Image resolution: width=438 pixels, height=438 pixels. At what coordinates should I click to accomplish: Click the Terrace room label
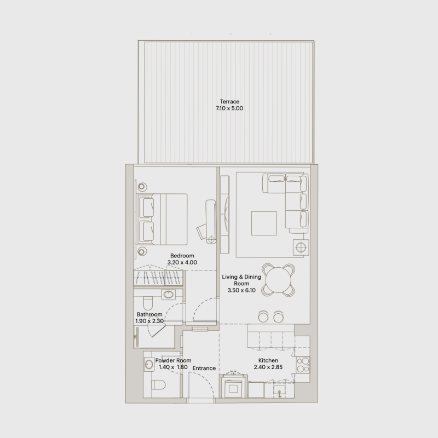pyautogui.click(x=229, y=102)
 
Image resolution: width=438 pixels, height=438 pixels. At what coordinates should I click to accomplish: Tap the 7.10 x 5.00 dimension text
pyautogui.click(x=229, y=108)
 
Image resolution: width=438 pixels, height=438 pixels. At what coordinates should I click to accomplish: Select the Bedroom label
pyautogui.click(x=182, y=256)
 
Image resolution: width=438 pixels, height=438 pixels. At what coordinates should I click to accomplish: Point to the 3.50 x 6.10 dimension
pyautogui.click(x=241, y=290)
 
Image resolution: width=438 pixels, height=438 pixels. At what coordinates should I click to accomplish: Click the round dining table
pyautogui.click(x=278, y=280)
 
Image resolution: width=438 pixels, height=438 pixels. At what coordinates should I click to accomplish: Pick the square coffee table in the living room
pyautogui.click(x=264, y=223)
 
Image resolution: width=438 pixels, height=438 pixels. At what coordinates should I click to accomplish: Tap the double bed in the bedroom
pyautogui.click(x=162, y=219)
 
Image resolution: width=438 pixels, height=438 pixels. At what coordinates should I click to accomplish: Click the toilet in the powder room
pyautogui.click(x=158, y=384)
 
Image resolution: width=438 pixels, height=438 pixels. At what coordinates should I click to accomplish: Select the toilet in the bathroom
pyautogui.click(x=148, y=303)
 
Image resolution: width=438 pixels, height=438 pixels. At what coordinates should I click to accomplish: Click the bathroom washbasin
pyautogui.click(x=169, y=295)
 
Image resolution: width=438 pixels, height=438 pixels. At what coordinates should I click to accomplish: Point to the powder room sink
pyautogui.click(x=149, y=365)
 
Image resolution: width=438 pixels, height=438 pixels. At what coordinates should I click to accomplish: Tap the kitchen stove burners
pyautogui.click(x=303, y=365)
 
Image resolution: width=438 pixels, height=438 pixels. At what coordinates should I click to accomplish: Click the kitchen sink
pyautogui.click(x=279, y=390)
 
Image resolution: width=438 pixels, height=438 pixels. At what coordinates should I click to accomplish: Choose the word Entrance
pyautogui.click(x=204, y=368)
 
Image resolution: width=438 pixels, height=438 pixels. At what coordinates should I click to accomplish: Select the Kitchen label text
pyautogui.click(x=268, y=360)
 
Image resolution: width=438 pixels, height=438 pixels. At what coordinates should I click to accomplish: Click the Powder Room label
pyautogui.click(x=173, y=360)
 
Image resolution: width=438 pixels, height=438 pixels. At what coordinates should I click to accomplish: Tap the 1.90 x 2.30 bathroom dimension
pyautogui.click(x=149, y=321)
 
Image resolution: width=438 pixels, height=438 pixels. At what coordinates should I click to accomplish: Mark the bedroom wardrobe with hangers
pyautogui.click(x=158, y=278)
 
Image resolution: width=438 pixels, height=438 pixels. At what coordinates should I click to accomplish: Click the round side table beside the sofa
pyautogui.click(x=301, y=247)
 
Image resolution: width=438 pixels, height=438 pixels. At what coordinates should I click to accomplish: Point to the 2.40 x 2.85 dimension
pyautogui.click(x=268, y=367)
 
